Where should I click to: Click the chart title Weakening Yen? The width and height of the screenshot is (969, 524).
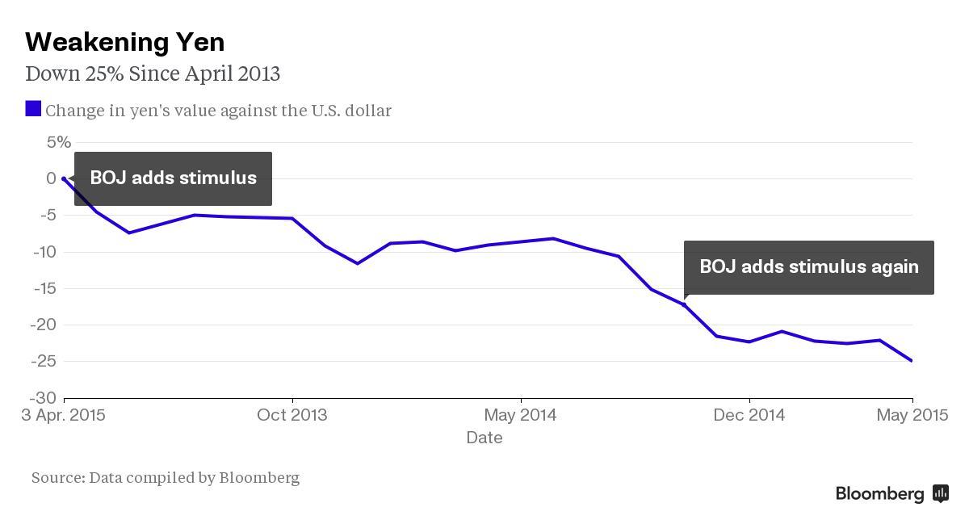[124, 42]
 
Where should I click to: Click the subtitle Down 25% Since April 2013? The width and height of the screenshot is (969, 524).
[153, 73]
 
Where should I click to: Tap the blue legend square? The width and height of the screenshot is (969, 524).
[33, 108]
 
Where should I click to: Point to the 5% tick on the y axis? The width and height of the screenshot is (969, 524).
[59, 142]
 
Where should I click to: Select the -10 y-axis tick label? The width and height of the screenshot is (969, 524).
[44, 252]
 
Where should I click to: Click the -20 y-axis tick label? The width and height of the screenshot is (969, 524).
[44, 325]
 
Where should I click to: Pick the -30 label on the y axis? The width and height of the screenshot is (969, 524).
[44, 398]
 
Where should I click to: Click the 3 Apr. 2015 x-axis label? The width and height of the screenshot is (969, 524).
[63, 415]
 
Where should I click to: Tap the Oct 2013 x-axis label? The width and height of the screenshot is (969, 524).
[292, 415]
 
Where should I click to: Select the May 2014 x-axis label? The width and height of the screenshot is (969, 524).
[520, 415]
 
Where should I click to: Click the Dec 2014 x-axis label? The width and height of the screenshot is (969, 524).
[749, 415]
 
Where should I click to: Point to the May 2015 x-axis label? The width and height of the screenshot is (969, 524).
[912, 415]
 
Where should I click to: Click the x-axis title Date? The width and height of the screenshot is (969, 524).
[484, 438]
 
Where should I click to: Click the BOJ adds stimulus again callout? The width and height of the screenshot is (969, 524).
[808, 267]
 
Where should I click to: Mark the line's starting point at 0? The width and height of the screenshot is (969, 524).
[64, 178]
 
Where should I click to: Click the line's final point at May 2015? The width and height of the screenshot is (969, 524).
[912, 361]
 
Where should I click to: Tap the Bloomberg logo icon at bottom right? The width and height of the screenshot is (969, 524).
[941, 493]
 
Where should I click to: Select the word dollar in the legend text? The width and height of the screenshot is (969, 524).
[367, 111]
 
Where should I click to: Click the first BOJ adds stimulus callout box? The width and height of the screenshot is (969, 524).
[173, 178]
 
